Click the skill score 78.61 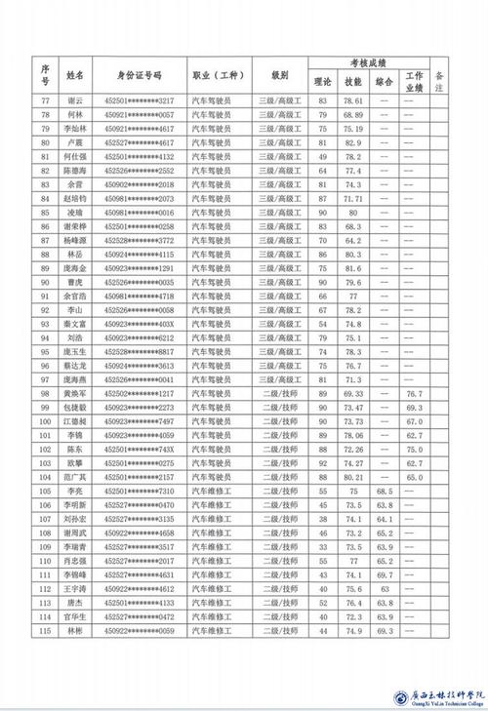tap(353, 100)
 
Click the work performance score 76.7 tap(414, 394)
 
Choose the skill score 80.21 tap(353, 478)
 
